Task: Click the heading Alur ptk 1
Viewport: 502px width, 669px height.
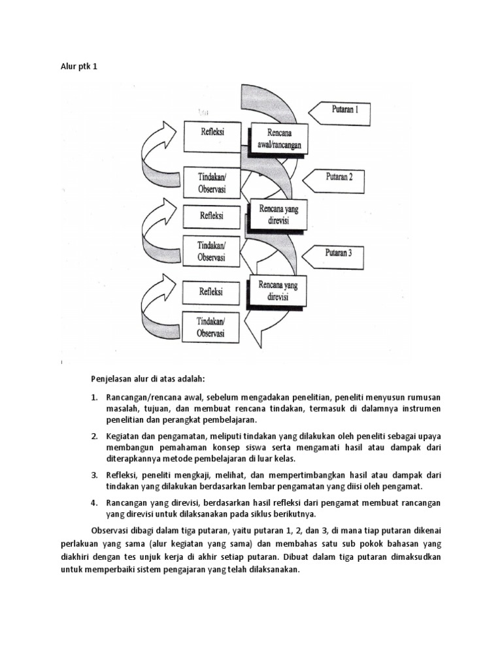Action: coord(78,67)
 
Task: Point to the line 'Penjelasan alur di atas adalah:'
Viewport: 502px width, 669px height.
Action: coord(148,378)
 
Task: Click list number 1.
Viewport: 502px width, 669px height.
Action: coord(94,397)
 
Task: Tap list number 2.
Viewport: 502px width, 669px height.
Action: coord(94,436)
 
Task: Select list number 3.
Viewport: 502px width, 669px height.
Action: coord(94,474)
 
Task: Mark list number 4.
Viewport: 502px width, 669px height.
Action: coord(94,502)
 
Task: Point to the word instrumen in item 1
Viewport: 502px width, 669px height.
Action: coord(418,408)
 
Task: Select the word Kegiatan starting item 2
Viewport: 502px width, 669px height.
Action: coord(124,436)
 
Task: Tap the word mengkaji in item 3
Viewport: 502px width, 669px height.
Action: coord(199,474)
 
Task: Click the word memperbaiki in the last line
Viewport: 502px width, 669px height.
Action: coord(124,570)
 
